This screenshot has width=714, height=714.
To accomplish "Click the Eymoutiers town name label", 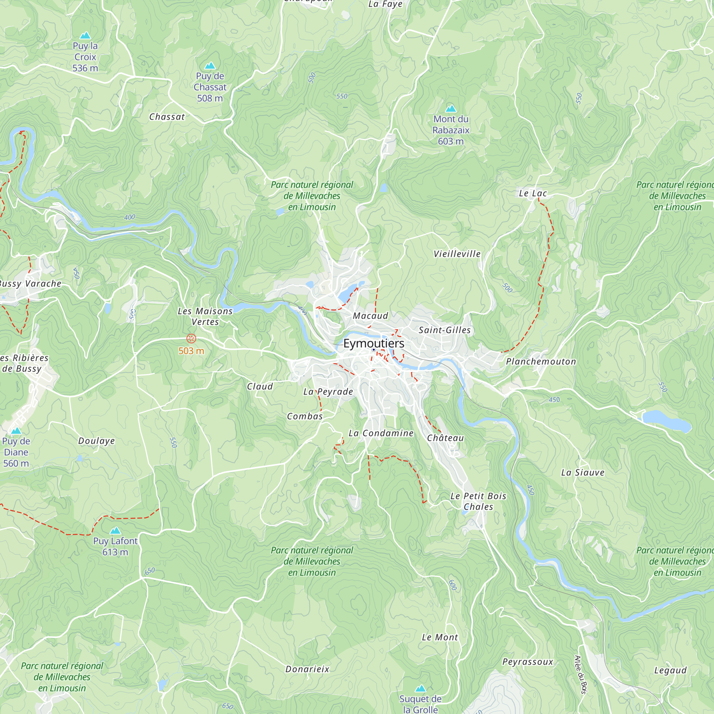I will pos(374,343).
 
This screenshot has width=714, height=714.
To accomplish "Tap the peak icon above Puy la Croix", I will pos(85,35).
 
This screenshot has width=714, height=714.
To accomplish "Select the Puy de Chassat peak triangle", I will pos(210,66).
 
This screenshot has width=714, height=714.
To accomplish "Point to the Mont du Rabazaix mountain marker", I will pos(451,109).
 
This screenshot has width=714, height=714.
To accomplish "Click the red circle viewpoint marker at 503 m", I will pos(191,338).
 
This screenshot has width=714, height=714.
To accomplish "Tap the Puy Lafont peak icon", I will pos(115,531).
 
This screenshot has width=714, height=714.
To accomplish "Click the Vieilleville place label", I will pos(457,254).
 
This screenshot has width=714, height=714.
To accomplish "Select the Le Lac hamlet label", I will pos(533,193).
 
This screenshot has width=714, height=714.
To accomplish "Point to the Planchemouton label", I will pos(540,361).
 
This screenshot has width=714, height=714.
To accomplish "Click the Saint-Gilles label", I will pos(444,330).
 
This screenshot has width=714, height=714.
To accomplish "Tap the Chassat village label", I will pos(167,117).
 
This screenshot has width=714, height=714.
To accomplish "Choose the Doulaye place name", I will pos(96,441).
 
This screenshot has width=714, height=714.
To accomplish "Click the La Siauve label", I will pos(582,472).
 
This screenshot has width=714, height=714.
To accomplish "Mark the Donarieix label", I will pos(307,669).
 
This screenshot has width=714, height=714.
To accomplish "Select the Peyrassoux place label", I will pos(527,662).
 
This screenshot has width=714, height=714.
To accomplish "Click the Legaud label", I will pos(670,670).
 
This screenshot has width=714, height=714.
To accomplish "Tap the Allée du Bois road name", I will pos(580,674).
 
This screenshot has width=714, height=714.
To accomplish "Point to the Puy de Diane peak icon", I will pos(16,431).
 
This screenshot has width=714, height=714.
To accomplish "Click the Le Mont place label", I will pos(440,637).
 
